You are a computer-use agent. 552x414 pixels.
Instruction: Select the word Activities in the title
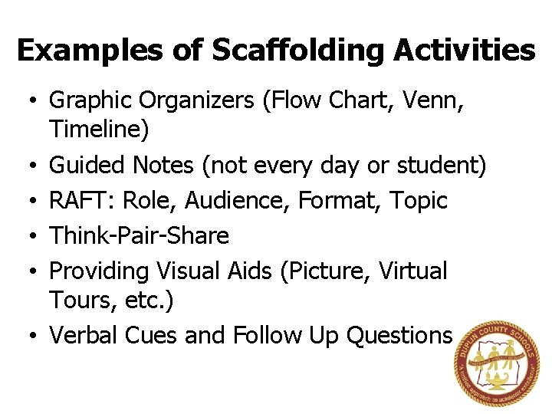[465, 51]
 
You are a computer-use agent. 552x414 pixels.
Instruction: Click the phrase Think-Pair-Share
[139, 235]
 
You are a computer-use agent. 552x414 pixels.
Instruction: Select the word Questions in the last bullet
[399, 335]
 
